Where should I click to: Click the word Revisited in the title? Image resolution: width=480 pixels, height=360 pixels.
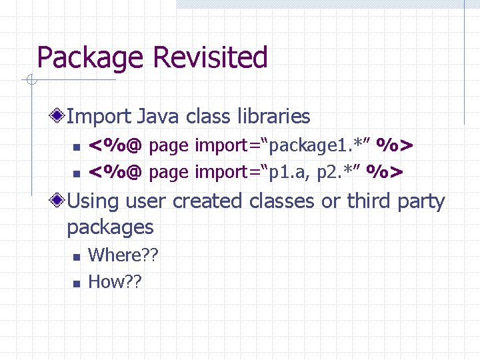(210, 57)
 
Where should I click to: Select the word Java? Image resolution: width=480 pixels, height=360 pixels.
(159, 117)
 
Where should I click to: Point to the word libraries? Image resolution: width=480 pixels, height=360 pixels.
(273, 117)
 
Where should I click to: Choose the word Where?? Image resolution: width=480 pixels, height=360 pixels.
(123, 255)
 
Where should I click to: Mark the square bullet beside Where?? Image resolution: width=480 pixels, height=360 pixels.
(76, 256)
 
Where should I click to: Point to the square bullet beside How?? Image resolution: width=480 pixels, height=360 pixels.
(76, 283)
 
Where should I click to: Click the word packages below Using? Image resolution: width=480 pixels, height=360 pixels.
(110, 227)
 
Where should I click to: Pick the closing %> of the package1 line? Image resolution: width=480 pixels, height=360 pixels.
(396, 145)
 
